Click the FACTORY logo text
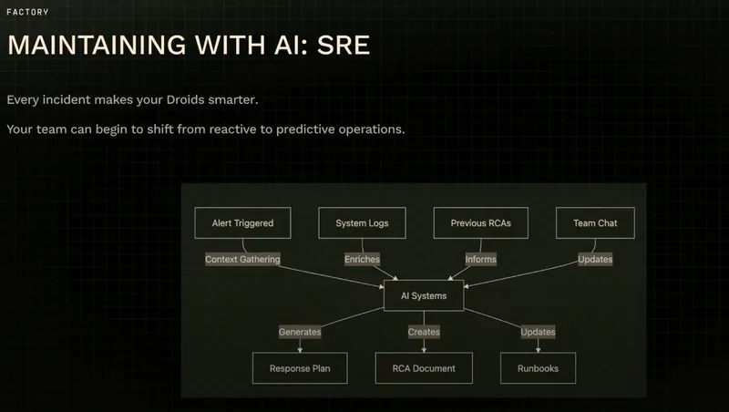click(27, 12)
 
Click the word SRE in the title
click(344, 45)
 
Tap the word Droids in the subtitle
click(186, 99)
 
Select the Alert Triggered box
click(242, 222)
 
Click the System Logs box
click(362, 222)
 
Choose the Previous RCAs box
click(481, 222)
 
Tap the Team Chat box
click(595, 222)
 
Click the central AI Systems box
click(424, 295)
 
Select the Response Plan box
click(300, 368)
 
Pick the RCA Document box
click(424, 368)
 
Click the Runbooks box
click(538, 368)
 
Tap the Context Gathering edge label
click(242, 259)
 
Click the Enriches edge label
click(362, 259)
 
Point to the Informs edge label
click(481, 259)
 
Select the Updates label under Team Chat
click(595, 259)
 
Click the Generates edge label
click(300, 332)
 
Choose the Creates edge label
click(424, 332)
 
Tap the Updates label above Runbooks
click(538, 332)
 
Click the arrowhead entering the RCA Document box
click(424, 350)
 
